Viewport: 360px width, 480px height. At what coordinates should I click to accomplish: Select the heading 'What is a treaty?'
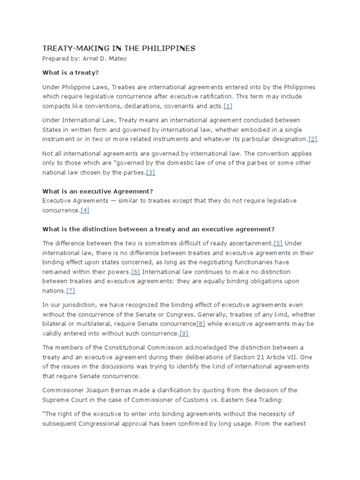[x=71, y=73]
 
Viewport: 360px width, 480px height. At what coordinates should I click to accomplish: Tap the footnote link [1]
[x=228, y=105]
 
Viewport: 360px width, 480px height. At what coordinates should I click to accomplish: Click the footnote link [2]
[x=313, y=139]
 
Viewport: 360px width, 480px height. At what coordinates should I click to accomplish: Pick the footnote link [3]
[x=150, y=172]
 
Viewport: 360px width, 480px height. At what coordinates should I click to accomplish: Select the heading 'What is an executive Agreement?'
[x=98, y=191]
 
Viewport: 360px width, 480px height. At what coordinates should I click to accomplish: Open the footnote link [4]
[x=85, y=210]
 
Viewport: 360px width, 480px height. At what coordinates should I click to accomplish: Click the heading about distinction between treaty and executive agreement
[x=158, y=229]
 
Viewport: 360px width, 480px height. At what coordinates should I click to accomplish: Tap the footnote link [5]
[x=278, y=243]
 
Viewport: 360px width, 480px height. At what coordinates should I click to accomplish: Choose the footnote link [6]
[x=135, y=272]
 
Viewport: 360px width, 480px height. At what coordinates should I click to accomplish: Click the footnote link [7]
[x=71, y=291]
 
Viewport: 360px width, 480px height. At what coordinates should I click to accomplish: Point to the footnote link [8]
[x=201, y=324]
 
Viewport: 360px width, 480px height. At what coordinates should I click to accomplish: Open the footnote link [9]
[x=184, y=334]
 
